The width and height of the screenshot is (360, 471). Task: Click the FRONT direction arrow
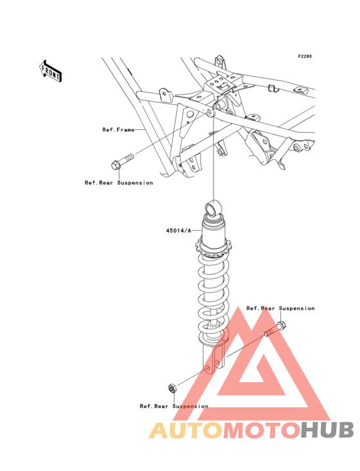50,71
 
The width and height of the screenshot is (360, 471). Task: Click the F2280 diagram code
305,56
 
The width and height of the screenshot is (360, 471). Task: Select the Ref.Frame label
118,130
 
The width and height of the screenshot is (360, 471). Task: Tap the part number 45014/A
179,231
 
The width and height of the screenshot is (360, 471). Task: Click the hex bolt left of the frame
122,162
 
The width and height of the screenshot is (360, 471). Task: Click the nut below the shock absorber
172,388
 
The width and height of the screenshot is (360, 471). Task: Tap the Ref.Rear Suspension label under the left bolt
119,183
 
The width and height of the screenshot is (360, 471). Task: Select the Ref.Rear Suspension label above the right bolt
280,308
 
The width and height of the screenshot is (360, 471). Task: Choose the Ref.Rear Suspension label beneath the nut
174,406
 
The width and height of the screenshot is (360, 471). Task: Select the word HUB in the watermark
327,430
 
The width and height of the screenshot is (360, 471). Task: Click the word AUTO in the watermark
186,430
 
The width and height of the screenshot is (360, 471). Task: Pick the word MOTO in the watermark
262,430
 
